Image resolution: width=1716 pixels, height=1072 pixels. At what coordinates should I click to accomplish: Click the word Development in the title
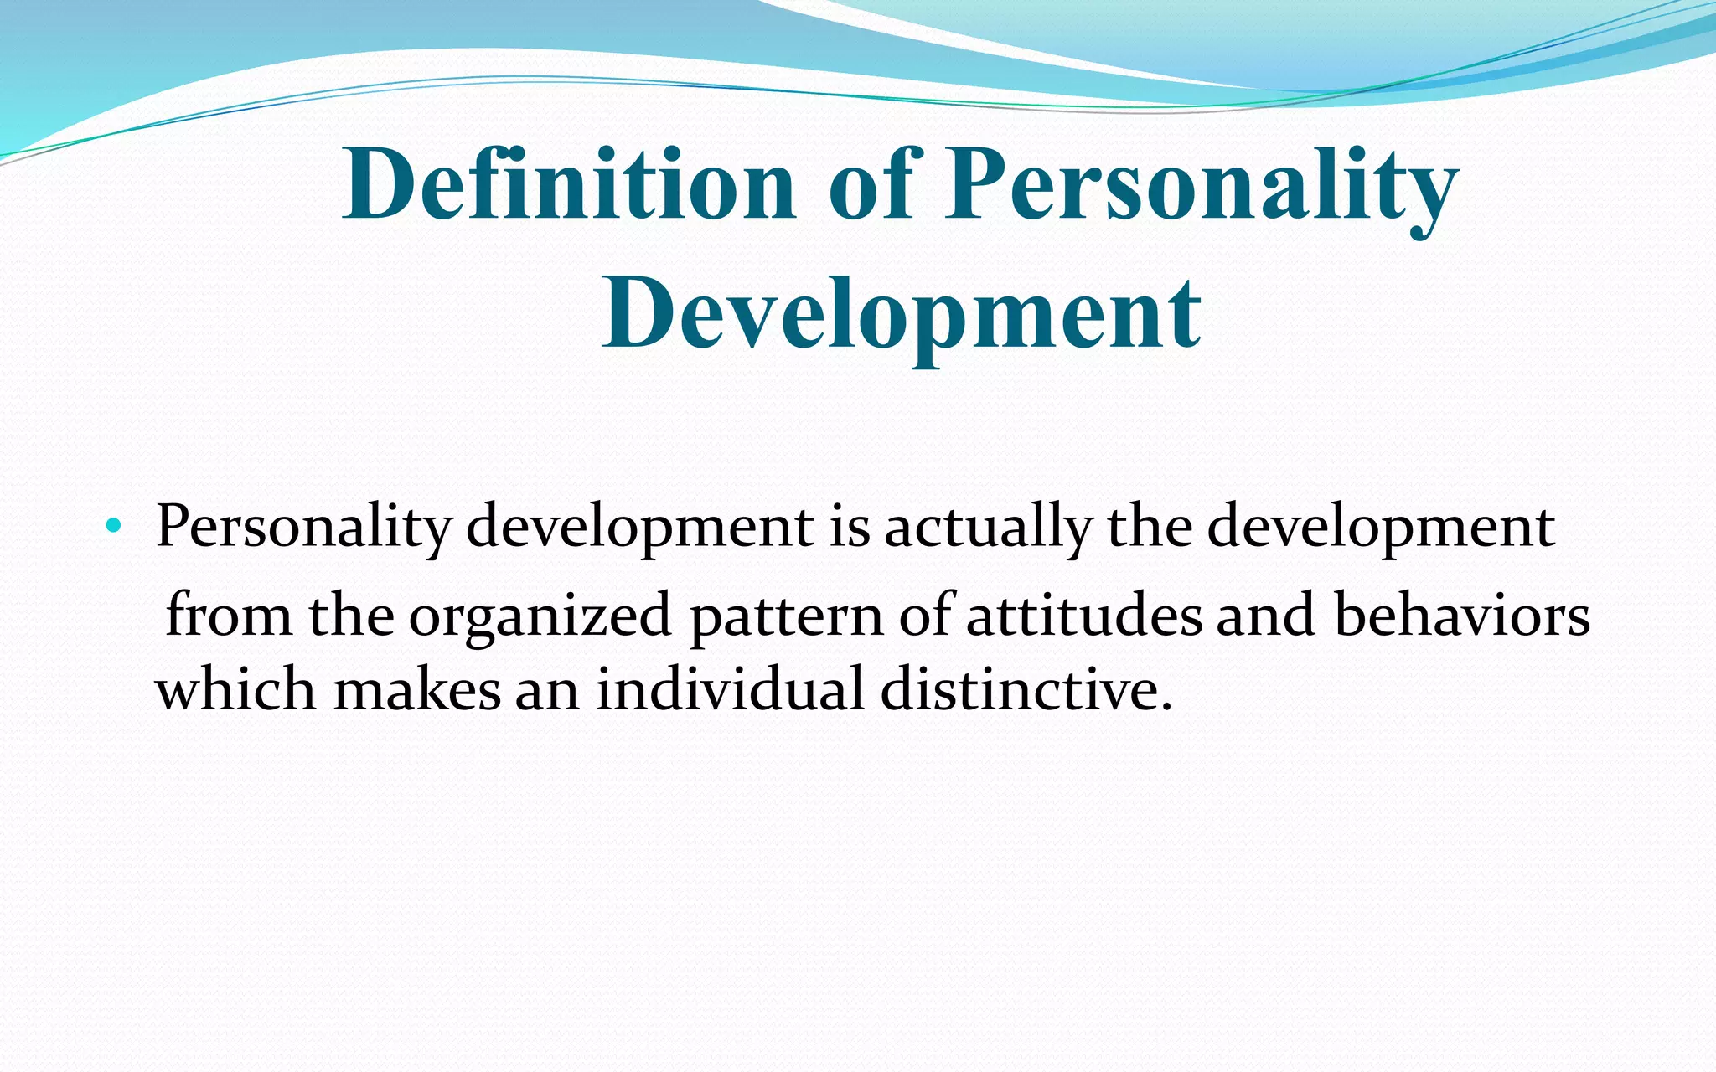[902, 315]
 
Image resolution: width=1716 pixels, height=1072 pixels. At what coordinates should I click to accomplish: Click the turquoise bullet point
[113, 528]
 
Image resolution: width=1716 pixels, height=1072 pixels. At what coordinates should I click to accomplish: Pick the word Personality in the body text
[303, 528]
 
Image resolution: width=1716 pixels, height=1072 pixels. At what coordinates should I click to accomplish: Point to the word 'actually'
[988, 528]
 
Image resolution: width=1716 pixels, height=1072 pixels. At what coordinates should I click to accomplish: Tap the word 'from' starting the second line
[229, 616]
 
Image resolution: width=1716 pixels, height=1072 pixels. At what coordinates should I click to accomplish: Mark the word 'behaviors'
[1461, 616]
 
